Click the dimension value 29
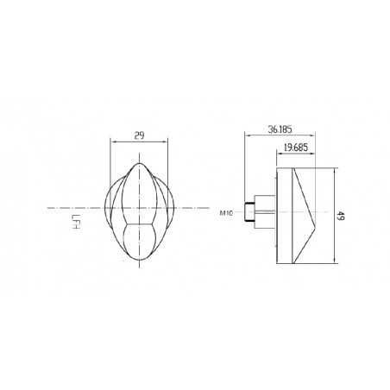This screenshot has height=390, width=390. coord(139,135)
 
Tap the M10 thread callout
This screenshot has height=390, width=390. coord(228,211)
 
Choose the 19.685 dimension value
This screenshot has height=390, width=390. coord(293,148)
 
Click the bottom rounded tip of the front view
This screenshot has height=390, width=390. coord(139,261)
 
